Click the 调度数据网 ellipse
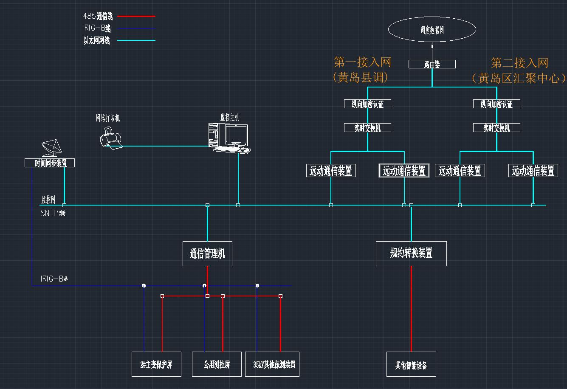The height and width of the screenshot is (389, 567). tap(432, 29)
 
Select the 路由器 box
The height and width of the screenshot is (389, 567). tap(432, 64)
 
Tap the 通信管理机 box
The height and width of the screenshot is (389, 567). tap(207, 254)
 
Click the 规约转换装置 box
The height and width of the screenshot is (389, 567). tap(411, 254)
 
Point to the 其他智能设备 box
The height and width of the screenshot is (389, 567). tap(411, 364)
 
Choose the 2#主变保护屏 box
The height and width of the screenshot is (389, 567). tap(156, 364)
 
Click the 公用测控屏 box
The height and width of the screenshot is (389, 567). tap(217, 364)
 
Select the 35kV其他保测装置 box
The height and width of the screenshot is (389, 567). tap(272, 364)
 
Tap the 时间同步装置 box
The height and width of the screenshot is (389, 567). tap(50, 163)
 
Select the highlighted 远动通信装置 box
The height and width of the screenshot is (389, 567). tap(404, 171)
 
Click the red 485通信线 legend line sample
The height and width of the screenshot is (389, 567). tap(136, 16)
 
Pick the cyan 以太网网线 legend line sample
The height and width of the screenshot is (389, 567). tap(136, 40)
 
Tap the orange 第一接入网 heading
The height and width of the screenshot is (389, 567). tap(362, 62)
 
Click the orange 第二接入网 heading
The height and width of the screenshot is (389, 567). tap(519, 63)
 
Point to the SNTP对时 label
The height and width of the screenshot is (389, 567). tap(53, 213)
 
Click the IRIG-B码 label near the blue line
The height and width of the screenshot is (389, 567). tap(54, 279)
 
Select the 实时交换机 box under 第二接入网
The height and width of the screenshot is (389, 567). tap(496, 127)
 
